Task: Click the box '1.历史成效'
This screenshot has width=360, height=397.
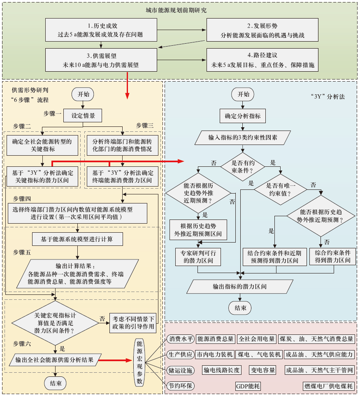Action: [x=100, y=30]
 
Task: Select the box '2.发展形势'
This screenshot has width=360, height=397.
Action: [x=262, y=30]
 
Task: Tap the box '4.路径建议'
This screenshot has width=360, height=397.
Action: [x=262, y=60]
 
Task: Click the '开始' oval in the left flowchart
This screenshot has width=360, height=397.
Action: [x=84, y=94]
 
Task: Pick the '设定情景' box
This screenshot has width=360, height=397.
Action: [x=84, y=116]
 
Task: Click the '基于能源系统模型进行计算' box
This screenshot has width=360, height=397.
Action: [x=77, y=239]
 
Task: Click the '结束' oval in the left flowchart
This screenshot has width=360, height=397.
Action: [x=56, y=383]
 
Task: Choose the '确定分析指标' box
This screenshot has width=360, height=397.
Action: [x=243, y=116]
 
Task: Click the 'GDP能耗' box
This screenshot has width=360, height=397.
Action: [x=248, y=386]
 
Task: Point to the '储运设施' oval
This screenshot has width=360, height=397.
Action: [x=181, y=370]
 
